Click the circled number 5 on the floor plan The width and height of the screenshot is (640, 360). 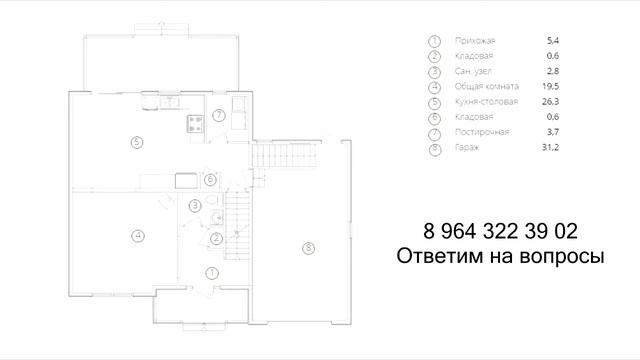coord(137,141)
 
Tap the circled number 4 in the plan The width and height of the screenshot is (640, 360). coord(137,236)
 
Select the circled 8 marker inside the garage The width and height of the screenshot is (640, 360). coord(308,247)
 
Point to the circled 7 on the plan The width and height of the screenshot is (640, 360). coord(218,117)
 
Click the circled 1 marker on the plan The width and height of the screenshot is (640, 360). coord(211,272)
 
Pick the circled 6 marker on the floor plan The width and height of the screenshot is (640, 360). coord(210,180)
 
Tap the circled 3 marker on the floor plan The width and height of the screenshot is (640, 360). coord(195,205)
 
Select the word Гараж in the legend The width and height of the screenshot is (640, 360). coord(466,147)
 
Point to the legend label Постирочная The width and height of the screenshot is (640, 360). coord(481,132)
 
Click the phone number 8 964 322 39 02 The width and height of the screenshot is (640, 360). coord(494,232)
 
